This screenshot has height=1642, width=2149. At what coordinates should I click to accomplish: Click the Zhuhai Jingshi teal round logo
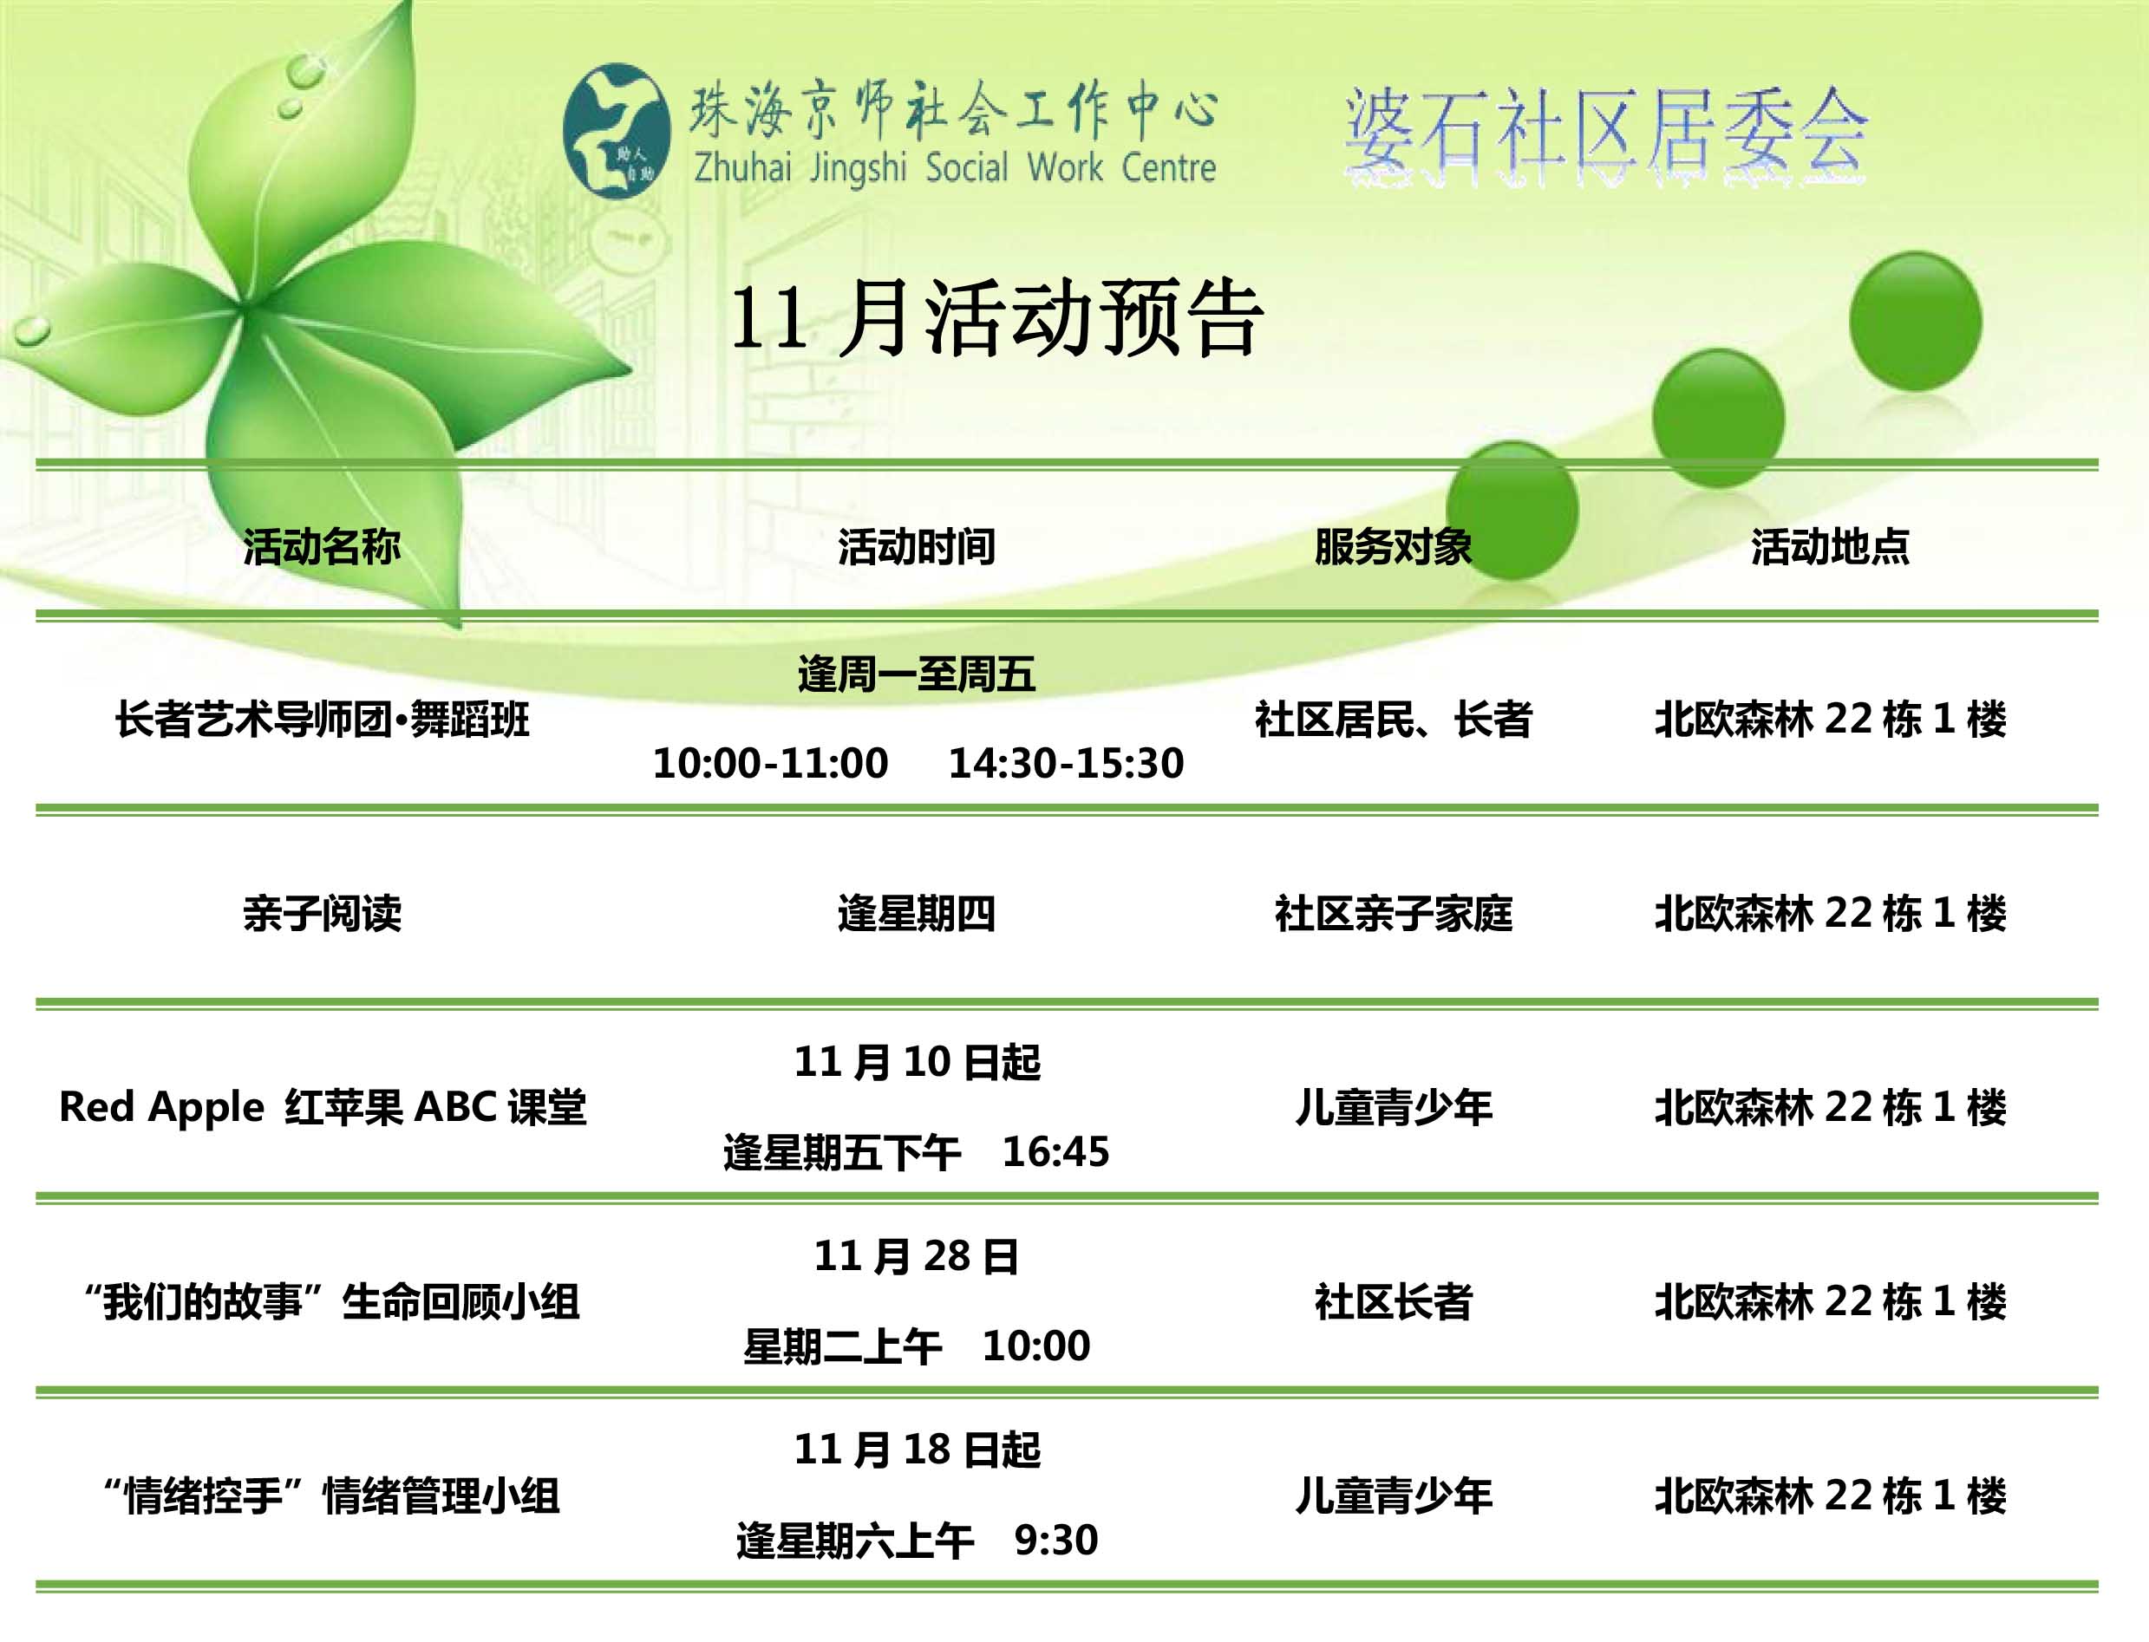click(x=617, y=132)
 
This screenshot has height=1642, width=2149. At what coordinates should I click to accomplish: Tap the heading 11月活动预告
click(x=996, y=319)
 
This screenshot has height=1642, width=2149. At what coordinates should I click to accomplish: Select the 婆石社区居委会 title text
click(x=1606, y=137)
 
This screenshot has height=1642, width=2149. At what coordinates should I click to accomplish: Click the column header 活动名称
click(x=322, y=546)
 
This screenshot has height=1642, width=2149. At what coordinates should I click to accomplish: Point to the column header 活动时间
click(x=916, y=546)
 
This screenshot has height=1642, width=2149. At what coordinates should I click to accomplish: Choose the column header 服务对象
click(x=1394, y=546)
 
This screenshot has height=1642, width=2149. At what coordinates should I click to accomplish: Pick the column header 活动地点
click(x=1829, y=546)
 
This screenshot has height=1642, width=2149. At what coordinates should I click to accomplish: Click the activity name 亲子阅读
click(x=322, y=914)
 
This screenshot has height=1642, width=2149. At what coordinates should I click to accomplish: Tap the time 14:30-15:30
click(x=1066, y=763)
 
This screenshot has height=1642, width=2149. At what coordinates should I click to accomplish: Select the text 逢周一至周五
click(x=916, y=674)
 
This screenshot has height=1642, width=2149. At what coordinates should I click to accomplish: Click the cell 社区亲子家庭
click(x=1394, y=914)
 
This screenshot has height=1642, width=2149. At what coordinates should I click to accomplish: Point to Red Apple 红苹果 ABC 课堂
click(x=323, y=1107)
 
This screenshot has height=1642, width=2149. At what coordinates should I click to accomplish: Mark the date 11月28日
click(x=916, y=1257)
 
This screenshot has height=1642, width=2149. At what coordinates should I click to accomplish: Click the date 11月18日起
click(x=916, y=1450)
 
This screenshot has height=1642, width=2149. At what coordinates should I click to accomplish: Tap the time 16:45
click(x=1056, y=1152)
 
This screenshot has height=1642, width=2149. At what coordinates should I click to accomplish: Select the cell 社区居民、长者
click(x=1394, y=720)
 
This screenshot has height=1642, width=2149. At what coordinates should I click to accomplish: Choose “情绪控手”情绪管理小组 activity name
click(x=331, y=1496)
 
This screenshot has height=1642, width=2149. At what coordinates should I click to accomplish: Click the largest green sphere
click(x=1916, y=321)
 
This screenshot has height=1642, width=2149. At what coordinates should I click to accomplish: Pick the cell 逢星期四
click(x=916, y=914)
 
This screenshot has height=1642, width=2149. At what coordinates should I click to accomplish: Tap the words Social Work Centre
click(x=1070, y=168)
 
